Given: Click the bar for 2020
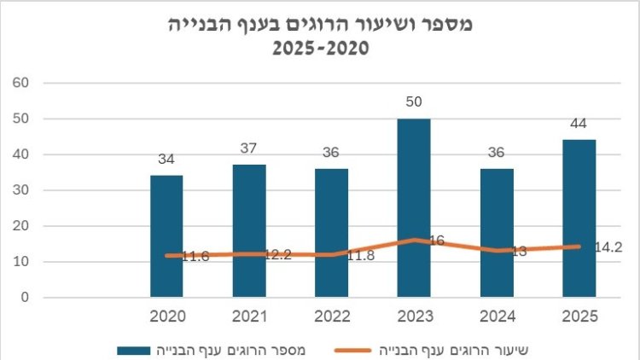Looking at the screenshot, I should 166,236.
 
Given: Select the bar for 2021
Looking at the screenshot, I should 249,230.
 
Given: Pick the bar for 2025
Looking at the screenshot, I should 579,218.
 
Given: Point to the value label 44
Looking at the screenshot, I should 579,125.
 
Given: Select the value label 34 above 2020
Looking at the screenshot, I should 166,160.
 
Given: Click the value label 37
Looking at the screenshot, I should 249,149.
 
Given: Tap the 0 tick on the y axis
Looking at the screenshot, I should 25,298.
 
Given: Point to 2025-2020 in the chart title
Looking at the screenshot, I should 319,49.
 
